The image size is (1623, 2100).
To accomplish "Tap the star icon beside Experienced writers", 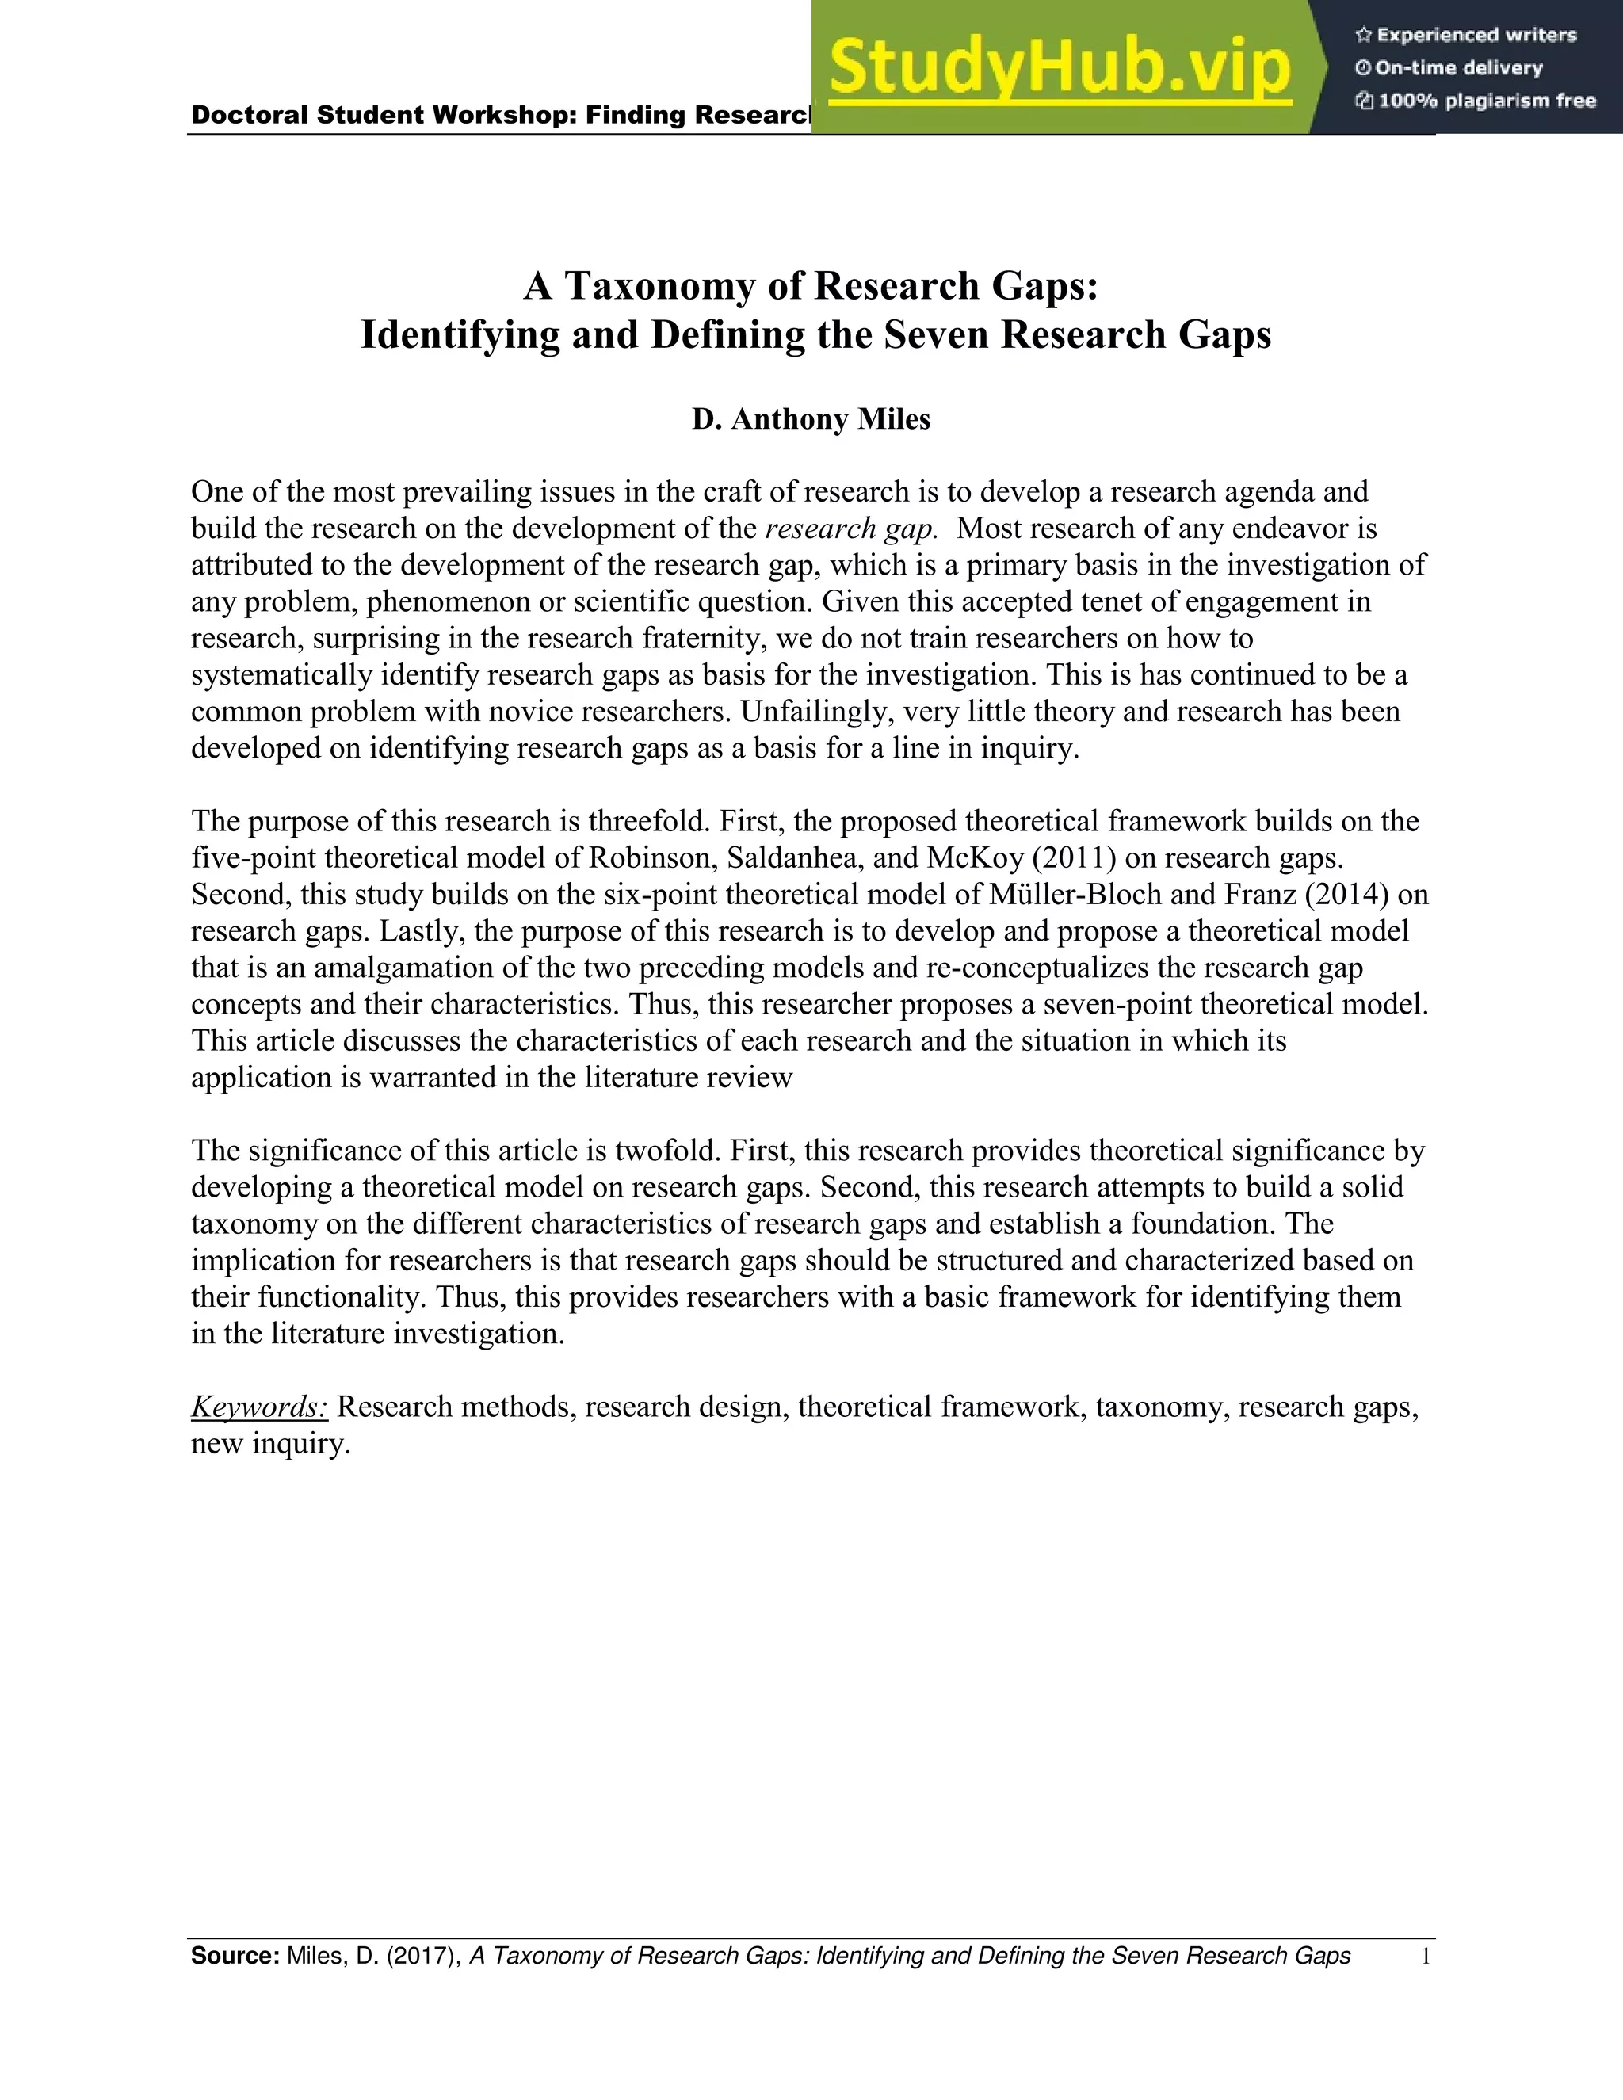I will (1362, 36).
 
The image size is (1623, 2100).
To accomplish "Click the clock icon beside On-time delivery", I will (1362, 68).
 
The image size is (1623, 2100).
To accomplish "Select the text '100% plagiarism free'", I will (1487, 100).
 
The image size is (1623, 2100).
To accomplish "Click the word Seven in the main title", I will (938, 334).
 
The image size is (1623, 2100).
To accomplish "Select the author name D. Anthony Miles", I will (811, 419).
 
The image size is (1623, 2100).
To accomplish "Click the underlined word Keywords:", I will (260, 1407).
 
